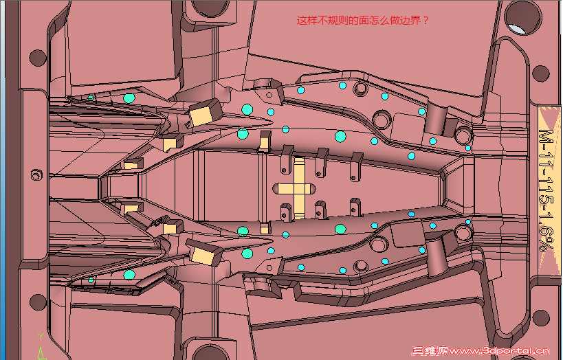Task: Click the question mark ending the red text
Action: (426, 21)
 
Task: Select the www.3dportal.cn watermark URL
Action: (498, 350)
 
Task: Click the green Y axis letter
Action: (41, 337)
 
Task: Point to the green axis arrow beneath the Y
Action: (41, 353)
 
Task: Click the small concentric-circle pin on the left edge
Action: (36, 175)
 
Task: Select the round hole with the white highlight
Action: (522, 19)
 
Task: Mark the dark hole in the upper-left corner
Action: (38, 58)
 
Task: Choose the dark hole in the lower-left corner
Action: (38, 302)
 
